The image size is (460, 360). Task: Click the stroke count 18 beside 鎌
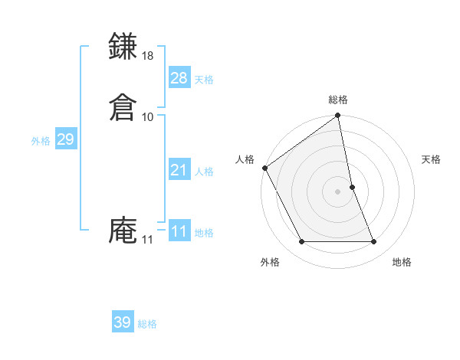click(148, 56)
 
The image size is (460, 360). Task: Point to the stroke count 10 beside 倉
click(148, 116)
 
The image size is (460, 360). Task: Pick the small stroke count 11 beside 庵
click(147, 240)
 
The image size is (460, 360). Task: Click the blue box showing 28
click(179, 78)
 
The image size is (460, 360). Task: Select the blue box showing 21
click(179, 170)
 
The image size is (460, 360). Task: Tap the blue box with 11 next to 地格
click(179, 231)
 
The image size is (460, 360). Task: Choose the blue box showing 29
click(65, 139)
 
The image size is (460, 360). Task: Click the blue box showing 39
click(123, 322)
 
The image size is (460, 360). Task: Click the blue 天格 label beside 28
click(204, 80)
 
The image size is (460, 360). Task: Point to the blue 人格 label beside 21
click(204, 172)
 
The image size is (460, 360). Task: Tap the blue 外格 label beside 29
click(41, 141)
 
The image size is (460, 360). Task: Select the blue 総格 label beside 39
click(147, 324)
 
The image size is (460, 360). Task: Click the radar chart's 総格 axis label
click(338, 100)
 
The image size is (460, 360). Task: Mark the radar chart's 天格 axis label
click(432, 159)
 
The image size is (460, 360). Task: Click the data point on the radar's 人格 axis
click(264, 168)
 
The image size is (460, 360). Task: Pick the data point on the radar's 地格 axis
click(374, 242)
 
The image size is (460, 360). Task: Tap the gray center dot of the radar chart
click(338, 191)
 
